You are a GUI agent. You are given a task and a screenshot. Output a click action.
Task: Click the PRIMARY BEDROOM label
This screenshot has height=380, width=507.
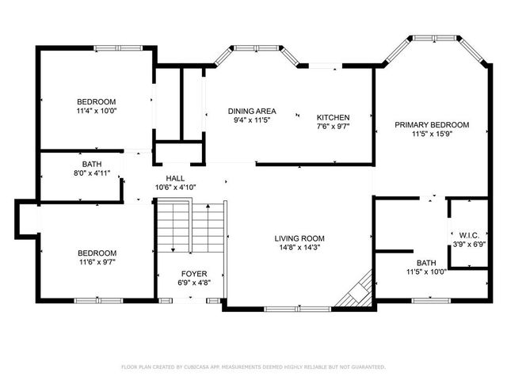click(433, 124)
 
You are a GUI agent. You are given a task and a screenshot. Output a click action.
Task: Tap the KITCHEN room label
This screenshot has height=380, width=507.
click(334, 117)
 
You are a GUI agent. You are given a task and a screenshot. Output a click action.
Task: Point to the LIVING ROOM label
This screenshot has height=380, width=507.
click(299, 238)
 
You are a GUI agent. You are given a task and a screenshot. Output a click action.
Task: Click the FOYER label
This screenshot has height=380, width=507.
click(195, 273)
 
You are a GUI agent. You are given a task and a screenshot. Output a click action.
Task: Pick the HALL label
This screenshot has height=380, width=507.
click(175, 178)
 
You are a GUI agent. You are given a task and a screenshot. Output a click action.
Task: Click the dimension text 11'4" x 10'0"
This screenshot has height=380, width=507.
click(97, 112)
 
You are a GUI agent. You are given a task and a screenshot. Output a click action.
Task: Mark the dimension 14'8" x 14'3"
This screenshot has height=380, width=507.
click(299, 248)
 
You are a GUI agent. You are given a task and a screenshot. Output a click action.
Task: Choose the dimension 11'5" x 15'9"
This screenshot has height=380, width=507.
click(433, 134)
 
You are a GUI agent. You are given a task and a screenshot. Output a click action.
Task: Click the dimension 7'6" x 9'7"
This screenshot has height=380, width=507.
click(334, 127)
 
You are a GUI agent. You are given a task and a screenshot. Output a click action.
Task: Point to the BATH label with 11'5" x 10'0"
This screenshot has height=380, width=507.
click(426, 262)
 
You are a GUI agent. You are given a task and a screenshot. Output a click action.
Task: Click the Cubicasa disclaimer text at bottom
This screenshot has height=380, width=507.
click(253, 367)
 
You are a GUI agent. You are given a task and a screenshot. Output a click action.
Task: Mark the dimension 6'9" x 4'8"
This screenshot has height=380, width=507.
click(195, 283)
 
